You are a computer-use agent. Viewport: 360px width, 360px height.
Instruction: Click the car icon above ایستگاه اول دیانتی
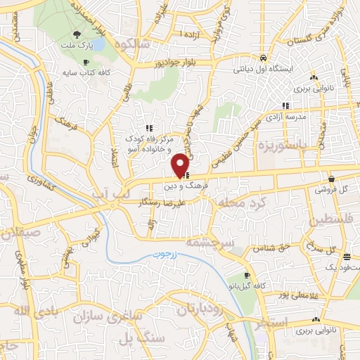[262, 58]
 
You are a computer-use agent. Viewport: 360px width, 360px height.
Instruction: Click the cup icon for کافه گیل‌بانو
[247, 275]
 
